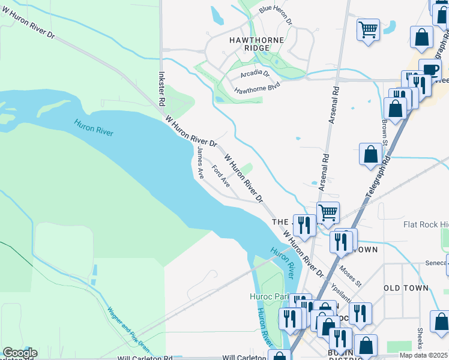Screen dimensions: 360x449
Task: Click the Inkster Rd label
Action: [x=161, y=89]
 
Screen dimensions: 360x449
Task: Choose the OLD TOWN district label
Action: [x=406, y=288]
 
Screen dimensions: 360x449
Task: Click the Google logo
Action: [x=20, y=353]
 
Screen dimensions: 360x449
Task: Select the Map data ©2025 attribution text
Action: [x=423, y=355]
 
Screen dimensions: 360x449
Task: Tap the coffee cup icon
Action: [x=430, y=68]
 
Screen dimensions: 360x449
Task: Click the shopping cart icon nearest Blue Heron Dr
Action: [x=368, y=28]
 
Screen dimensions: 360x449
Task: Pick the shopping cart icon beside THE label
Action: [x=328, y=212]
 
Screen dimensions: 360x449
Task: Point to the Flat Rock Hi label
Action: [x=426, y=225]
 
